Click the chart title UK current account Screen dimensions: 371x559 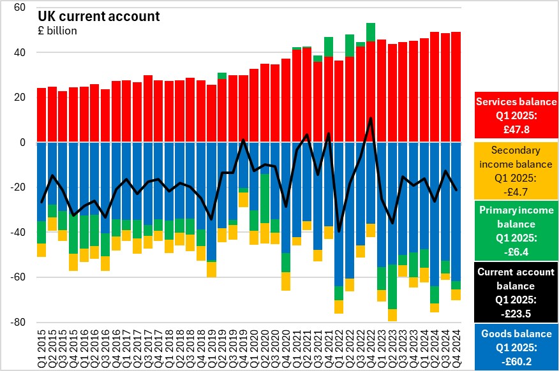99,16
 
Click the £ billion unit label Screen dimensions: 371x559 58,31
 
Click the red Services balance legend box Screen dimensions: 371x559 517,115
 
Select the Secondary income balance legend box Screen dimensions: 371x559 517,169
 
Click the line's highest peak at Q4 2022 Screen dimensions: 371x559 371,118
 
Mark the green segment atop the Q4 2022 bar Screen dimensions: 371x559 371,31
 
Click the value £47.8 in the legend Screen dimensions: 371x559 517,129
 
